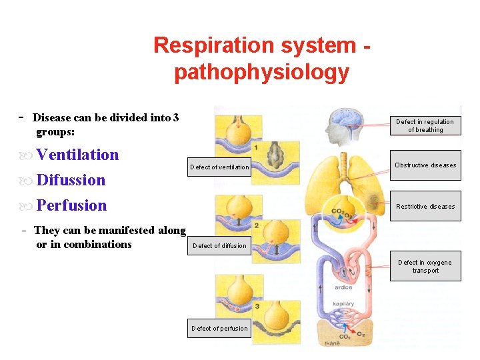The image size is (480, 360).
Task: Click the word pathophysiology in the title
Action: point(261,72)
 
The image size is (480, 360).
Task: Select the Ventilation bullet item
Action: point(77,155)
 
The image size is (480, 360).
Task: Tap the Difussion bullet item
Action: point(71,180)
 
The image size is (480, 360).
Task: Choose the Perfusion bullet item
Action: point(71,205)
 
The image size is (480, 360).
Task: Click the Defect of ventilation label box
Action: point(219,167)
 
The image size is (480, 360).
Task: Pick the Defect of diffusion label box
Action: point(219,245)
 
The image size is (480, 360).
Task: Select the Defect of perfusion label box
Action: point(219,328)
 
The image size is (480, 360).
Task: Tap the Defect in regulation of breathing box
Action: point(425,126)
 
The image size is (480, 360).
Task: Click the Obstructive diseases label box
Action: point(425,165)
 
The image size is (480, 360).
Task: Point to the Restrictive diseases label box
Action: point(425,206)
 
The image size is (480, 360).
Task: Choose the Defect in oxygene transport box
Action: point(425,266)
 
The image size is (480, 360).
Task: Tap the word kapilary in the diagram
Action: point(343,304)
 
